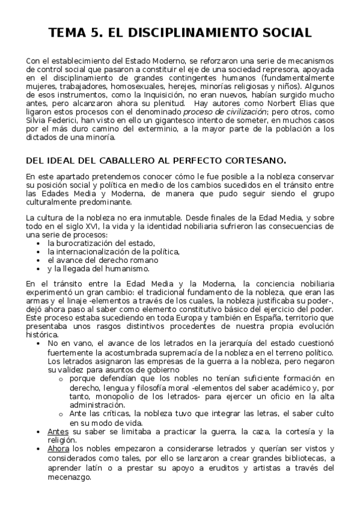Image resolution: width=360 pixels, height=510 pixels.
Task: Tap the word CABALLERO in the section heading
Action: pos(126,161)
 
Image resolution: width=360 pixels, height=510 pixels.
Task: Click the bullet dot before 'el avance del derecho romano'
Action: pos(38,260)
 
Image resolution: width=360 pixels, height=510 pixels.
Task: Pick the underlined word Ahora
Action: pos(58,449)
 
